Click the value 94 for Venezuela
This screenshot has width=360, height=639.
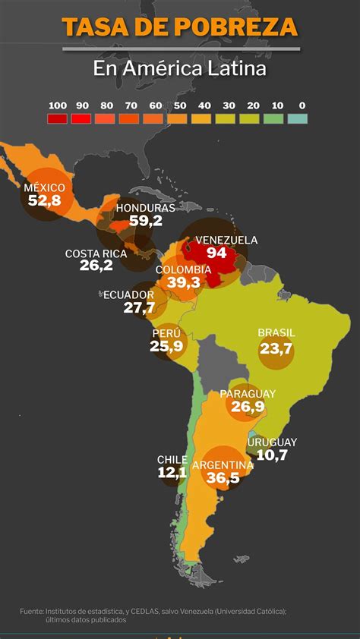coord(216,253)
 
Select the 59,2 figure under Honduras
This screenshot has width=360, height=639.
coord(146,221)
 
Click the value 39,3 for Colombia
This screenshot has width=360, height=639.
coord(183,282)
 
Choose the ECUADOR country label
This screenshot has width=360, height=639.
coord(128,294)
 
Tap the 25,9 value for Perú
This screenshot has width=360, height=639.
coord(166,346)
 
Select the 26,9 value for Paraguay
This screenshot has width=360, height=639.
coord(248,408)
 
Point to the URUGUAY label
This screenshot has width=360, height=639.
coord(272,442)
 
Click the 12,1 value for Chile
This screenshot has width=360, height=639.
coord(172,472)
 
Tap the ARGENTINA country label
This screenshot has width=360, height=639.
coord(223,464)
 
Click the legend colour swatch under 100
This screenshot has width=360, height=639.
coord(57,118)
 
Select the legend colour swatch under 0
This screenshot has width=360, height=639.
coord(298,118)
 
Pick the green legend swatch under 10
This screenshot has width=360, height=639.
coord(273,118)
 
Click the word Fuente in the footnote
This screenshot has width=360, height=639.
coord(32,610)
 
